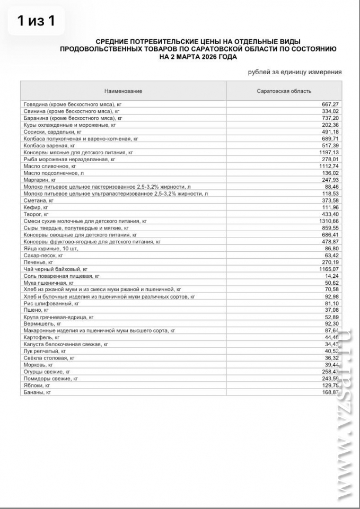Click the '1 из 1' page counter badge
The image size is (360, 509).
click(x=36, y=21)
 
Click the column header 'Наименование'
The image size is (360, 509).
click(x=123, y=91)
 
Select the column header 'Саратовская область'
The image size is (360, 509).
click(x=284, y=91)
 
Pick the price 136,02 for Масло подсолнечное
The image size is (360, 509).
click(x=329, y=173)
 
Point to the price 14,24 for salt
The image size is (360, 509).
click(x=331, y=276)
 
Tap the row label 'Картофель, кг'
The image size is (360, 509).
click(x=41, y=337)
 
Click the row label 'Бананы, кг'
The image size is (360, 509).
click(x=38, y=392)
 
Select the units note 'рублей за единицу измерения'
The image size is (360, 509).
click(x=294, y=72)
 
